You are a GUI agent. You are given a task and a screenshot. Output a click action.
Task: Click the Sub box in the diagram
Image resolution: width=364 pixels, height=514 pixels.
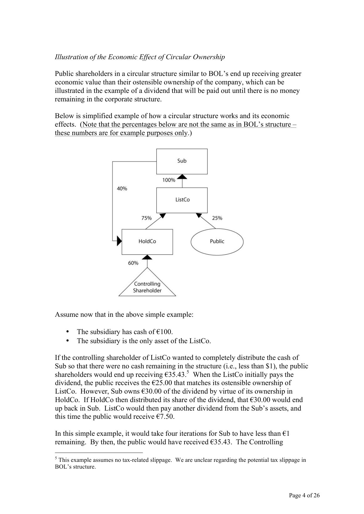click(x=182, y=161)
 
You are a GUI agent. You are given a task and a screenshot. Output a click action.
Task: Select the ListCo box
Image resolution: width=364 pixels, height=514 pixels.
click(x=182, y=200)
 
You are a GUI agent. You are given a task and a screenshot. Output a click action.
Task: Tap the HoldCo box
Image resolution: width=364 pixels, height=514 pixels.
click(x=147, y=241)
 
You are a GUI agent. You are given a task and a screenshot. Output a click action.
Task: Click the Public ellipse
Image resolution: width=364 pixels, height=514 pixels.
click(x=217, y=241)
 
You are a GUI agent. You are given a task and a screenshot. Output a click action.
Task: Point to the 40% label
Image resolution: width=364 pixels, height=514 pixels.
click(x=122, y=189)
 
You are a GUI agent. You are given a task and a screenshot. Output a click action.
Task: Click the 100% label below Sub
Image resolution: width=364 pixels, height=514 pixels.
click(x=169, y=180)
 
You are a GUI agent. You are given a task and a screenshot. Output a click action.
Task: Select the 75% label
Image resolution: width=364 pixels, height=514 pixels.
click(x=146, y=218)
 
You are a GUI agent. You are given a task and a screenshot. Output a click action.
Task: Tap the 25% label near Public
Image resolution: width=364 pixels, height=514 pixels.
click(x=217, y=218)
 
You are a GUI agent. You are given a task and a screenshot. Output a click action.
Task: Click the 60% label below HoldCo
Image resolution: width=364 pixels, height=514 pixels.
click(x=133, y=263)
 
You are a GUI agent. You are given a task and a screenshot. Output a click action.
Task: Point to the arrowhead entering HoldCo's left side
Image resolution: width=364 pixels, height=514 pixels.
click(x=119, y=241)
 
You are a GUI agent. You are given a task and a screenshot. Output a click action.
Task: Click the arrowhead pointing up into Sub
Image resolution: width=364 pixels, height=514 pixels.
click(x=182, y=176)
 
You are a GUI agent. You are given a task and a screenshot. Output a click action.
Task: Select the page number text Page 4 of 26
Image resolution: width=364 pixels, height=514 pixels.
click(x=304, y=496)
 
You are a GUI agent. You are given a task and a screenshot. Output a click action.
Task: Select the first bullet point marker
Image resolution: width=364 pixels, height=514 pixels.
click(x=68, y=331)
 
